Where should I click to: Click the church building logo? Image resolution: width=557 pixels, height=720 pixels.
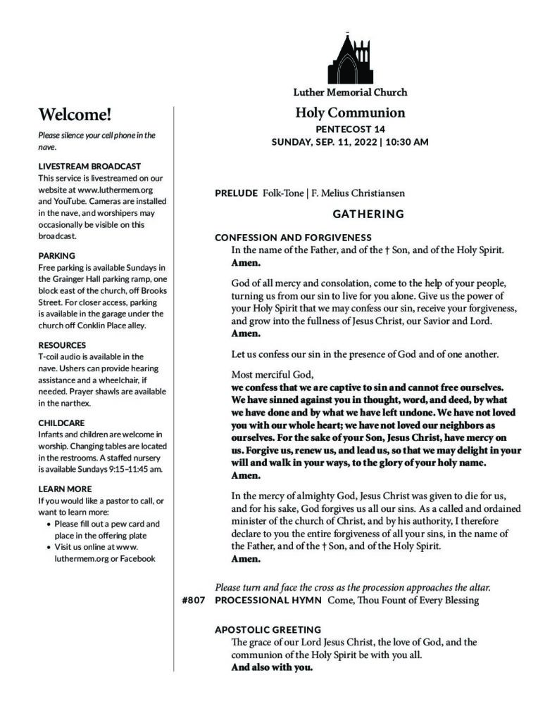(349, 59)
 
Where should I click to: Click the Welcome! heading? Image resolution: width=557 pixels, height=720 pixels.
(75, 114)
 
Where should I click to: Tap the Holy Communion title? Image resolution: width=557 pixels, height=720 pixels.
(349, 112)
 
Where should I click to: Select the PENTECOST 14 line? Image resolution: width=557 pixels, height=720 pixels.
(350, 129)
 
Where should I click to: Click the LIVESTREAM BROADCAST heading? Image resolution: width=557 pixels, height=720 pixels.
(89, 167)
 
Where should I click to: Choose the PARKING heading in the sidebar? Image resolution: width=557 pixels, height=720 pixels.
(57, 256)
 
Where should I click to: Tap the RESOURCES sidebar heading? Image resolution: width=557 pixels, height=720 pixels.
(62, 345)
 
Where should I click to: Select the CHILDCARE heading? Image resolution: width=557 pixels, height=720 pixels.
(61, 423)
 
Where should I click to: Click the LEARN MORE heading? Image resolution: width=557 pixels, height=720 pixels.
(65, 489)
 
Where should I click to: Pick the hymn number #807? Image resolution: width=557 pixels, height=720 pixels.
(192, 600)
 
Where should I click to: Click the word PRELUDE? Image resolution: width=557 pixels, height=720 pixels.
(236, 193)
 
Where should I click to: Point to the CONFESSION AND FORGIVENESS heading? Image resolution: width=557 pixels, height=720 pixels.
(293, 238)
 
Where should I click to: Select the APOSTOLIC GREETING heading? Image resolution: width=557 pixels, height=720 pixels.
(268, 629)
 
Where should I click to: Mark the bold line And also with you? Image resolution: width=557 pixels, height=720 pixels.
(273, 667)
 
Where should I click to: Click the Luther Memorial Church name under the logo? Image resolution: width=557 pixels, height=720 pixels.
(350, 92)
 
